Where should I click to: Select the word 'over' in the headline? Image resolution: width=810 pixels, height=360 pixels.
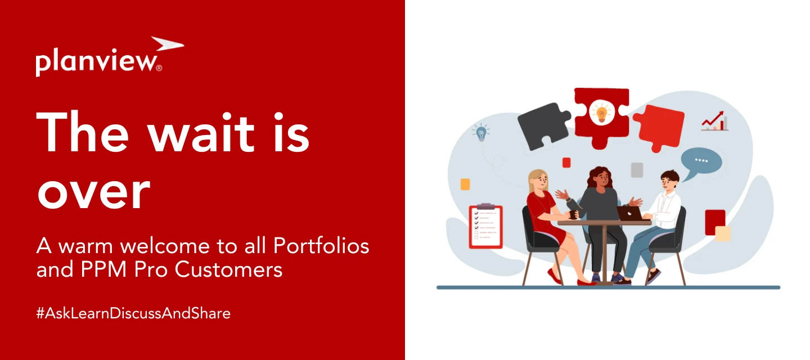93,191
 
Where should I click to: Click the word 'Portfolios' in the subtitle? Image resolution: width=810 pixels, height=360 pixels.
321,246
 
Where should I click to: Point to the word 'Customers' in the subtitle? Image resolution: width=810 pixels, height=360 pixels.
228,270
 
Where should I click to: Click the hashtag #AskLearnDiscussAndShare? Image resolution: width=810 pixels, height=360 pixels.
133,313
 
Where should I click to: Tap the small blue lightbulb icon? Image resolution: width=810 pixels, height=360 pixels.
481,133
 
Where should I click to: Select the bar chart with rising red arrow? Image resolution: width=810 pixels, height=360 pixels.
715,120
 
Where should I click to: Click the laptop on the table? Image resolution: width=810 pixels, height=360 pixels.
629,213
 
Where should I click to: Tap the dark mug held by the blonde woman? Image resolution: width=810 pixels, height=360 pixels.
573,214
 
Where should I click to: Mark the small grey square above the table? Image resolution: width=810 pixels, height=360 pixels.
637,170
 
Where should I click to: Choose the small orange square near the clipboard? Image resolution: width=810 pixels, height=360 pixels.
465,184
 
